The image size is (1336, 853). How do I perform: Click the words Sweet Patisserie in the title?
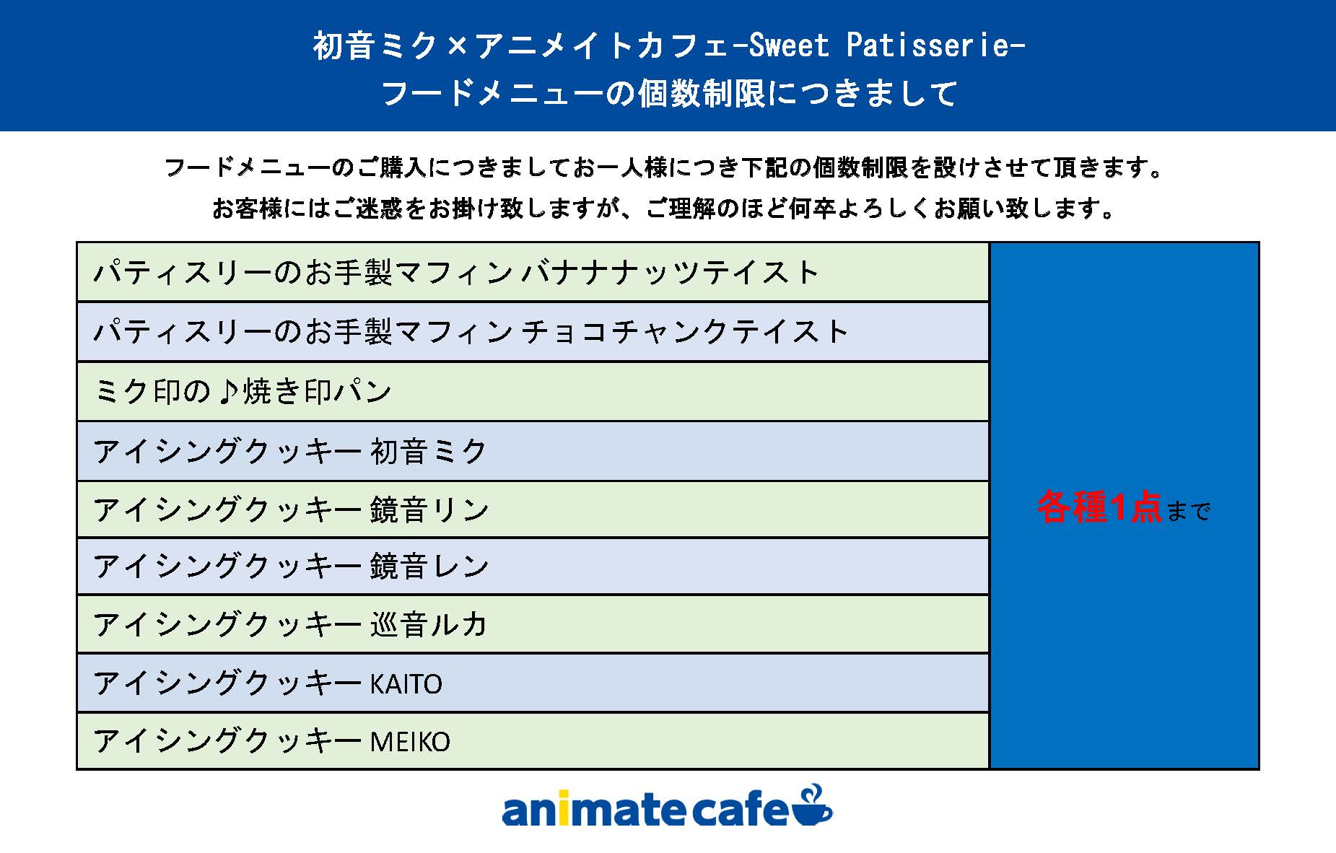click(878, 45)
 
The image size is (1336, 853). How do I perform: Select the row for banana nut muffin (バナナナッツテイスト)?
click(533, 272)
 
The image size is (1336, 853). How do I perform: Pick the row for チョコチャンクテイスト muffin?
click(533, 332)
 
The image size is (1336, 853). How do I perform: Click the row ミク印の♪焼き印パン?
click(533, 392)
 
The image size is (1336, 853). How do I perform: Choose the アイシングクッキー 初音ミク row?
click(533, 452)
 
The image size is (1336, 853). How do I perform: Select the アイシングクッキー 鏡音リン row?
click(533, 509)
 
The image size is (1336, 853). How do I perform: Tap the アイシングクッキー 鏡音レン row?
click(533, 567)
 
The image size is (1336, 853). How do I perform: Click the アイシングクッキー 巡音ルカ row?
click(533, 624)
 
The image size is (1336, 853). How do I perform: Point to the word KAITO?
click(406, 683)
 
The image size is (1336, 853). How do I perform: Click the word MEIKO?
click(410, 742)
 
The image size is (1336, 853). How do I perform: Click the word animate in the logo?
click(595, 810)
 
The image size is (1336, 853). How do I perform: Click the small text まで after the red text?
click(1188, 511)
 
